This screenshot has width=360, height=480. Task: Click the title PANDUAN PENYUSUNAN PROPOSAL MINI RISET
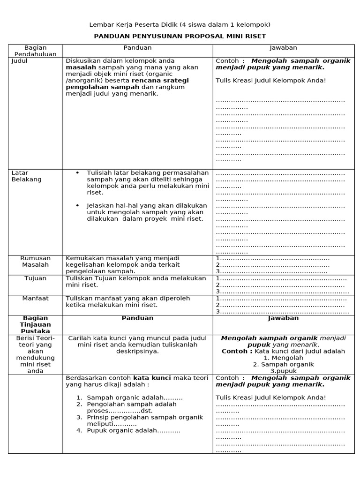180,36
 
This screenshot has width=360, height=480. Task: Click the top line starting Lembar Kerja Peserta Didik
180,24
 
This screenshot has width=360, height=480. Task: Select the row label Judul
19,61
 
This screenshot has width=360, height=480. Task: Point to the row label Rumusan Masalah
36,262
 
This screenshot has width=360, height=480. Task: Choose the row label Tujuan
36,278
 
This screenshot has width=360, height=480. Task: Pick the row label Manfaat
36,298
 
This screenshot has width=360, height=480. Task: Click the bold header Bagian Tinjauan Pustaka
36,324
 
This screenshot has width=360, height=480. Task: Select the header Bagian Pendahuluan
36,51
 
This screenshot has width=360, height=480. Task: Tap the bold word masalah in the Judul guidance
80,67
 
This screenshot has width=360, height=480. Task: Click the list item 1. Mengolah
283,358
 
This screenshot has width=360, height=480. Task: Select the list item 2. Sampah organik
283,364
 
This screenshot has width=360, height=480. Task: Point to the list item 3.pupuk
283,371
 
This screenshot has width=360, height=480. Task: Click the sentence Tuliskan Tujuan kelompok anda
136,278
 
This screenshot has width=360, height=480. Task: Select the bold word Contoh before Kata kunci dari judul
237,351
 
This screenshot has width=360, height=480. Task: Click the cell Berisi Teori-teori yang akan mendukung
36,354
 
